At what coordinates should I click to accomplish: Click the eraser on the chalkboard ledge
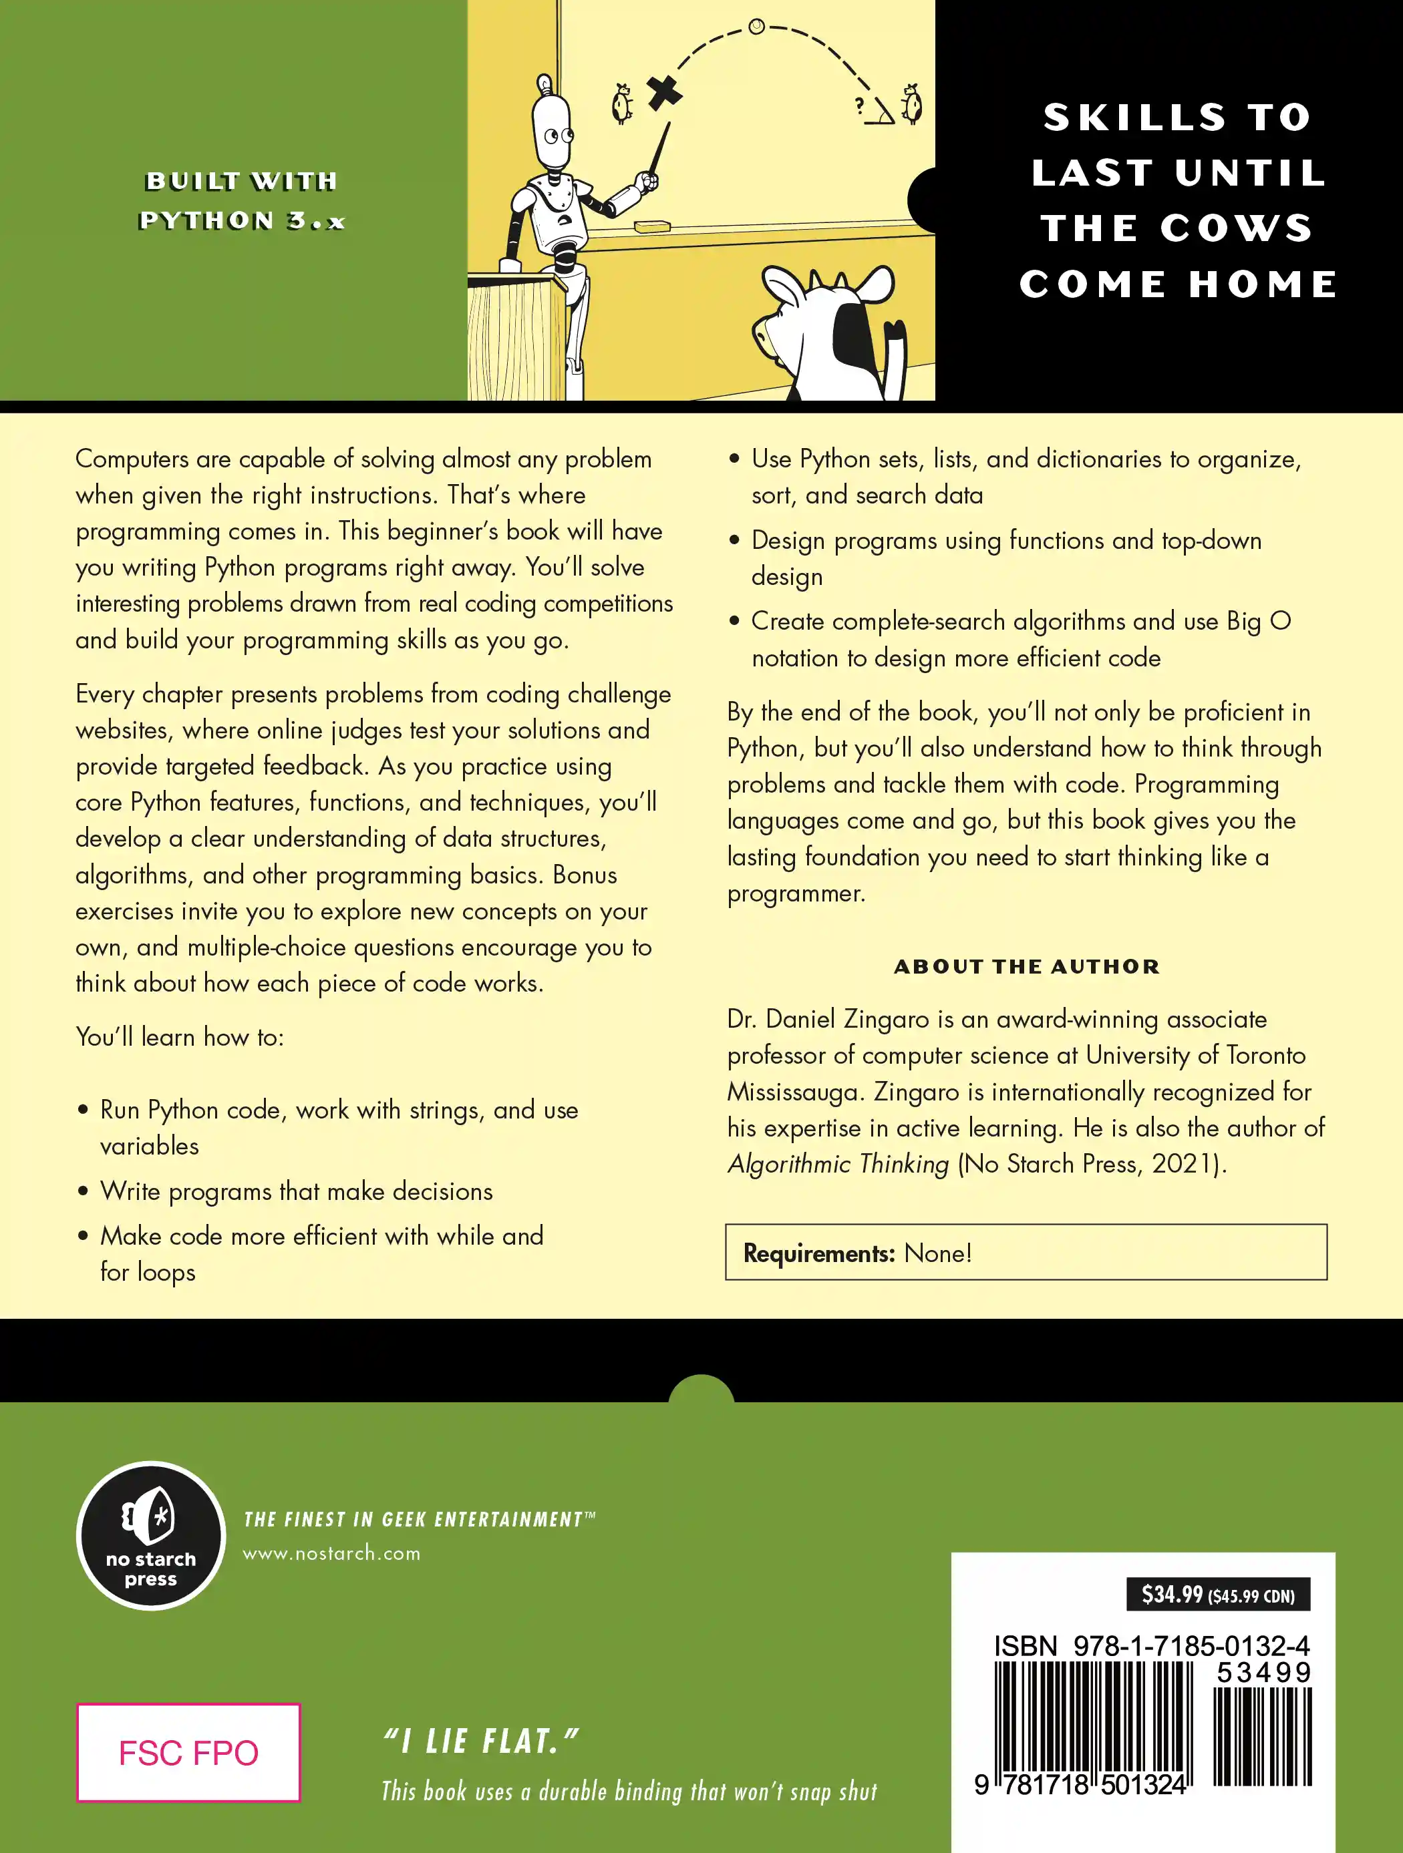click(x=653, y=225)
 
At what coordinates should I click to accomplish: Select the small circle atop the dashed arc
click(x=756, y=27)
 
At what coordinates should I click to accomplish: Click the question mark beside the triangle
click(x=859, y=106)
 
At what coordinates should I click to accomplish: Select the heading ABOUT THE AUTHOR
click(x=1027, y=967)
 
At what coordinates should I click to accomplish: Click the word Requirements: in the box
click(x=819, y=1253)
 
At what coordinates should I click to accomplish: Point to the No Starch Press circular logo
click(x=151, y=1536)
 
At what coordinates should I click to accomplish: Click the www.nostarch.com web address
click(x=332, y=1553)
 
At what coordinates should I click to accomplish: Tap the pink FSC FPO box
click(x=188, y=1752)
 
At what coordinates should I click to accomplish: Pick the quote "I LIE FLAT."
click(x=481, y=1741)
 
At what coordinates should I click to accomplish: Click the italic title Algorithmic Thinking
click(x=838, y=1164)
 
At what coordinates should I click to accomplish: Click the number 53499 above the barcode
click(x=1263, y=1673)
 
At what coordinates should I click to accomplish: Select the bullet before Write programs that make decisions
click(x=83, y=1191)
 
